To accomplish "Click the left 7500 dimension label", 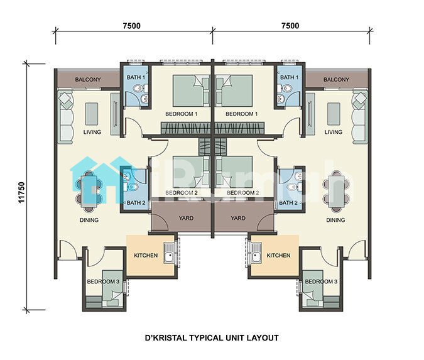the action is tap(132, 26).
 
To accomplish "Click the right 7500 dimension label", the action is tap(290, 26).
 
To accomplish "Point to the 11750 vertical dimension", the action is tap(21, 192).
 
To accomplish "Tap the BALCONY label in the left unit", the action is tap(88, 80).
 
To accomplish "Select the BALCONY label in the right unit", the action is tap(336, 80).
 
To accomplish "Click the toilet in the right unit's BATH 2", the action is tap(291, 187).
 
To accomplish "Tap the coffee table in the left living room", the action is tap(92, 114).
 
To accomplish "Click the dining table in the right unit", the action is tap(336, 192).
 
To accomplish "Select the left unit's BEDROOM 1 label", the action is tap(181, 114).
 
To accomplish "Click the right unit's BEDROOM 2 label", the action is tap(242, 193).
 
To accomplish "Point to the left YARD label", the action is tap(186, 218).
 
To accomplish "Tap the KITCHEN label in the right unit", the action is tap(278, 255).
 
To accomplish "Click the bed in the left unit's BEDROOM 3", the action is tap(113, 288).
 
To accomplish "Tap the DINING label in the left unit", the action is tap(89, 220).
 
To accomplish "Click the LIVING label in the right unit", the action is tap(334, 132).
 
